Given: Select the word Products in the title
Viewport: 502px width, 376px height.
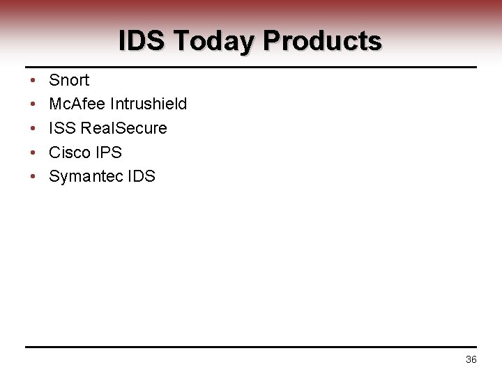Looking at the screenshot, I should [x=322, y=41].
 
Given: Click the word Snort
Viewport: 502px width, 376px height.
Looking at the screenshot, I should [x=69, y=80].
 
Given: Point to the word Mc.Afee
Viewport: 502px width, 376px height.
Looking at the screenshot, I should [x=77, y=104].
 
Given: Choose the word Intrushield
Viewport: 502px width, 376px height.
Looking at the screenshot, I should [x=149, y=104].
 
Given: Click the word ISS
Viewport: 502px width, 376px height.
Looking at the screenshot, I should [x=63, y=128].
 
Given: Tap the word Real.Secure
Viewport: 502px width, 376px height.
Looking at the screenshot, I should [x=124, y=128].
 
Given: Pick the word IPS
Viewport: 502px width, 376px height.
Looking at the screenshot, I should [x=107, y=152].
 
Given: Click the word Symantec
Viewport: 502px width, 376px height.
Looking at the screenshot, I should [x=85, y=176].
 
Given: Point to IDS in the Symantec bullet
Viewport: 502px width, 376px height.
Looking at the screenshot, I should [x=142, y=176].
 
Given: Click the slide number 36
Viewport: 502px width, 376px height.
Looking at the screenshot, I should [x=471, y=359].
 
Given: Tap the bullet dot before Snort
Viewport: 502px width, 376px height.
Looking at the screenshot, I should [x=33, y=81].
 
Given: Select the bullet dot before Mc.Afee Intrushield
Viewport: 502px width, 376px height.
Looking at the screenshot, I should [x=33, y=104].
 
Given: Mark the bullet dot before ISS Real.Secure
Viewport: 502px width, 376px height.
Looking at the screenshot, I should [x=33, y=129].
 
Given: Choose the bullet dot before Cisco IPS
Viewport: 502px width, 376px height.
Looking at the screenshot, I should [x=33, y=152].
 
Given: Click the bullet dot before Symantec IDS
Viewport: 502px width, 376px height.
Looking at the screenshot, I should [x=33, y=177].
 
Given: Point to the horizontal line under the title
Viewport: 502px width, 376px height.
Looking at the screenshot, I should [x=251, y=68].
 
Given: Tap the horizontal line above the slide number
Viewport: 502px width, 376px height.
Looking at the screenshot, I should [x=251, y=347].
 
